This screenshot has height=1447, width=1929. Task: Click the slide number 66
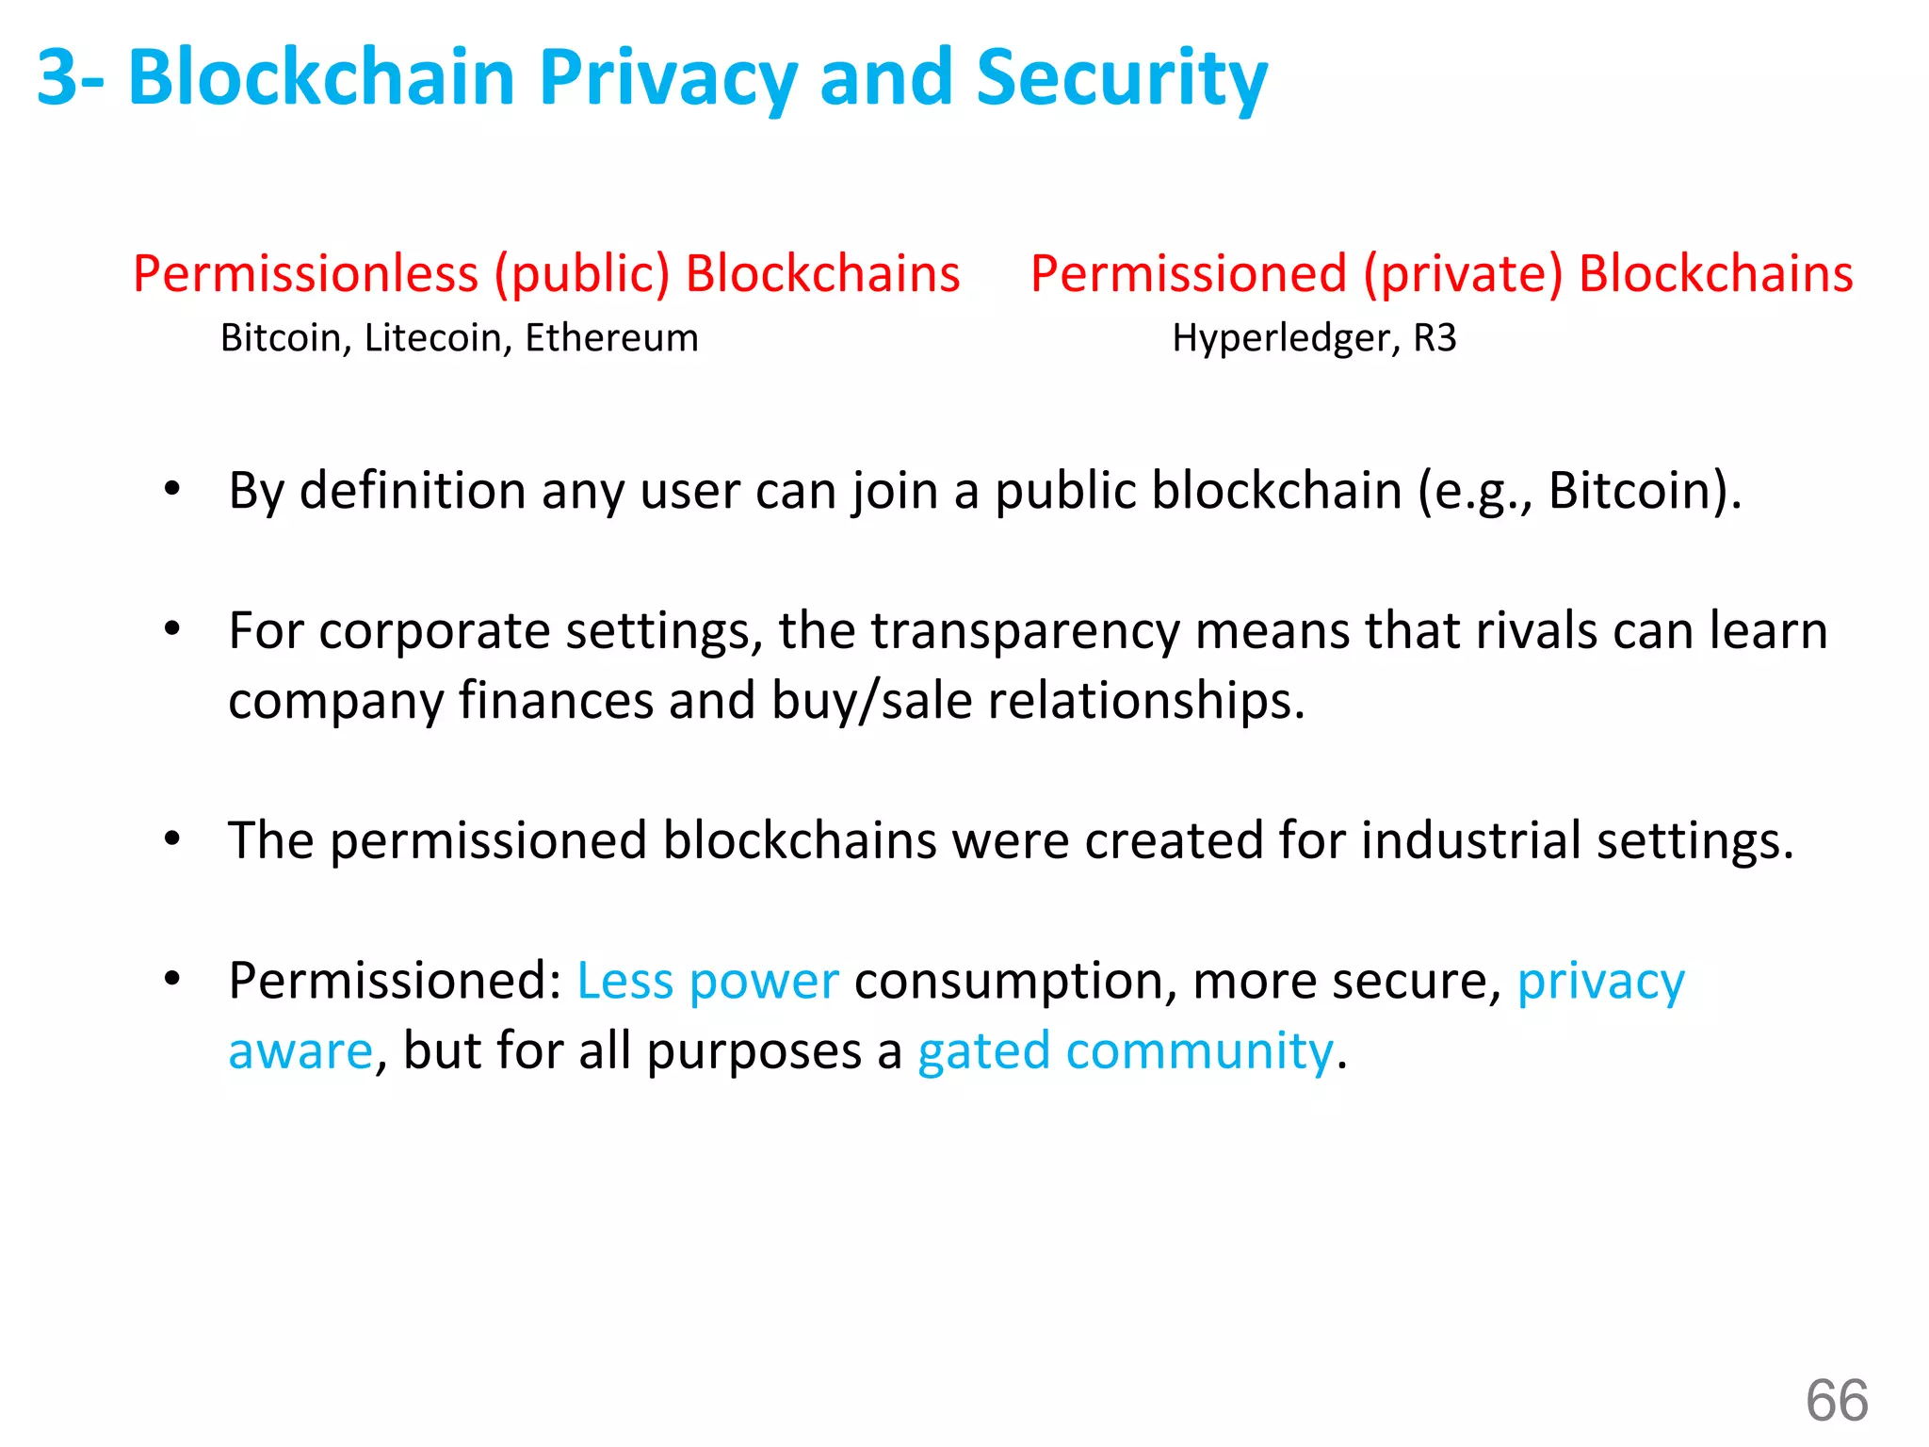1837,1400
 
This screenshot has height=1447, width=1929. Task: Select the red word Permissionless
305,274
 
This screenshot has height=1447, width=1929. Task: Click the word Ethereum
611,338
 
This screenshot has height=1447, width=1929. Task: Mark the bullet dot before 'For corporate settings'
171,628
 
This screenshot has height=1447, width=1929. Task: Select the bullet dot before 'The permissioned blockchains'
171,837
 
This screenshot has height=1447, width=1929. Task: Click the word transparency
1025,631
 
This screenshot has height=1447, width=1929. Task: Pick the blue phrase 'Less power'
707,981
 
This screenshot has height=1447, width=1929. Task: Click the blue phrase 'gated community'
1126,1051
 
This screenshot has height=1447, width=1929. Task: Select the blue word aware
300,1051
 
